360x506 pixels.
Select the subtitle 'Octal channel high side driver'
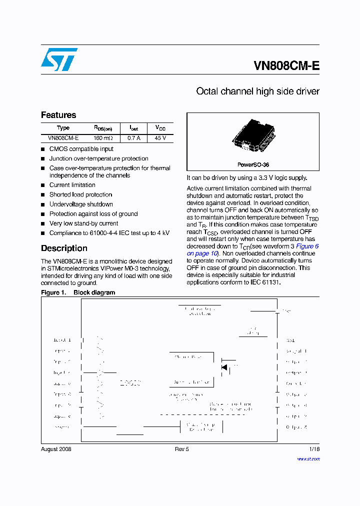[x=257, y=91]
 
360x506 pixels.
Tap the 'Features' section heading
[x=58, y=115]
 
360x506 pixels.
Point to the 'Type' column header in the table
[x=63, y=128]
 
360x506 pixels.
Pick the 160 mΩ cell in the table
[x=103, y=138]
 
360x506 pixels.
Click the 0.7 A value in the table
[x=133, y=138]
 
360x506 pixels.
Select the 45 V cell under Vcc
[x=160, y=138]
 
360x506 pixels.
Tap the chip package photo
[x=253, y=136]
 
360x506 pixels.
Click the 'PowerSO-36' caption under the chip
[x=253, y=164]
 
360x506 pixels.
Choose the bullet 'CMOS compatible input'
[x=81, y=149]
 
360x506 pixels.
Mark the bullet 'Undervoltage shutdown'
[x=81, y=204]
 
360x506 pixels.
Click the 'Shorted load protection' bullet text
[x=80, y=194]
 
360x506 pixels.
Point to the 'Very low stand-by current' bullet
[x=83, y=223]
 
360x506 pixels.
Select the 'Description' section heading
[x=64, y=248]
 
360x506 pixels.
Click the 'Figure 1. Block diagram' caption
[x=78, y=292]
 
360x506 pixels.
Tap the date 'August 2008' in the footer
[x=56, y=449]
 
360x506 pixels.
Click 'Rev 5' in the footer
[x=181, y=449]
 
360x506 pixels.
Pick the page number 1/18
[x=314, y=449]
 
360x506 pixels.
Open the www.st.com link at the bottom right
[x=308, y=458]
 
